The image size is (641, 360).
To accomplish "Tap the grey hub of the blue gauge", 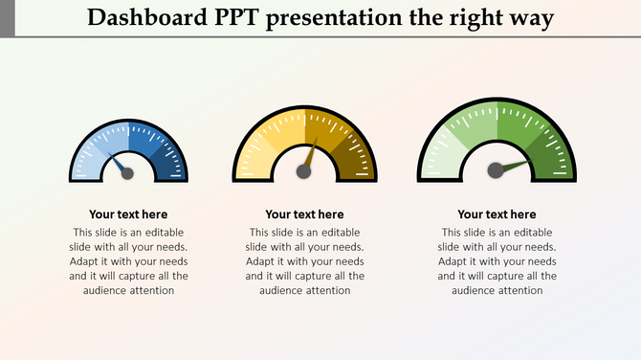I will tap(128, 173).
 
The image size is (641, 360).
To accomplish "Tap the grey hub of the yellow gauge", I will tap(303, 171).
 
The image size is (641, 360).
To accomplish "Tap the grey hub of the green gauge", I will tap(496, 170).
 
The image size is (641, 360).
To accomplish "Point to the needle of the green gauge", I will tap(517, 165).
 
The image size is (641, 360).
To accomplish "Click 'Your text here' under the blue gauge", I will tap(128, 214).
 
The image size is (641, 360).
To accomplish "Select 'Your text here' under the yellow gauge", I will tap(304, 214).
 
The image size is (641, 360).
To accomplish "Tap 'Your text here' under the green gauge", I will tap(497, 214).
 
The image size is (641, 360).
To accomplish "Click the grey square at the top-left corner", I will tap(7, 18).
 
